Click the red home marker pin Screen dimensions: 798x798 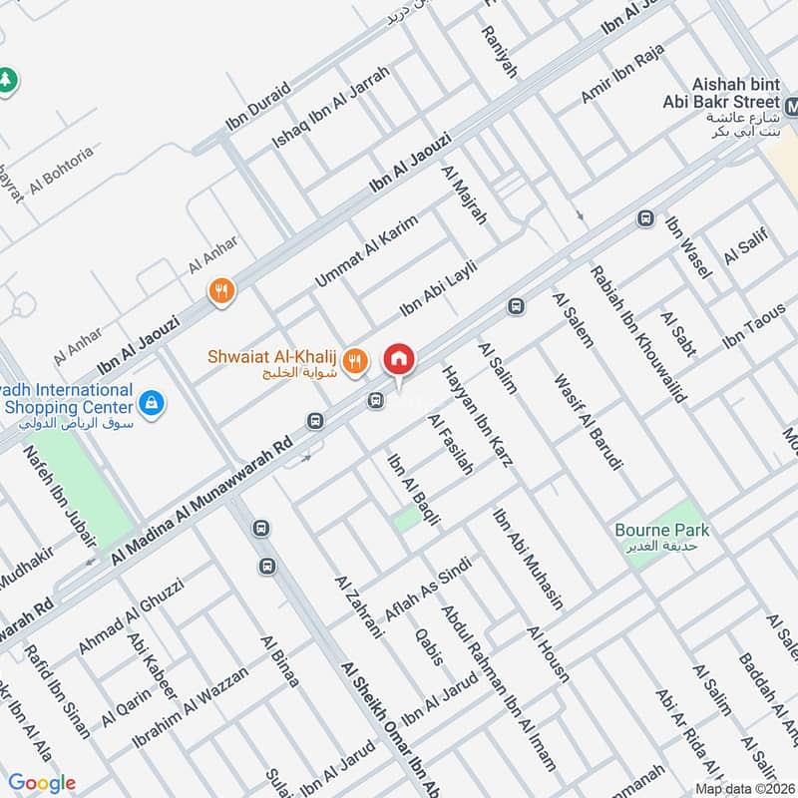[399, 359]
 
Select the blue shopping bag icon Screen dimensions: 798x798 [152, 403]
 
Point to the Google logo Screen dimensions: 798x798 [42, 783]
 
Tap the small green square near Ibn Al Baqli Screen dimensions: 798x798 [405, 519]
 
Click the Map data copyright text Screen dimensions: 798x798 [743, 788]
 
